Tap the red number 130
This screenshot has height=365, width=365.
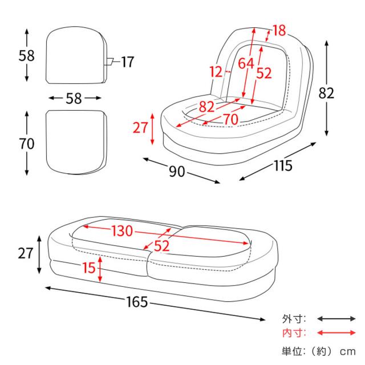[x=122, y=231]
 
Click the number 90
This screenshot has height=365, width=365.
[x=177, y=171]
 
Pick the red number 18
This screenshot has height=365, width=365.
[x=279, y=31]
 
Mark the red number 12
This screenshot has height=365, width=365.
[x=216, y=72]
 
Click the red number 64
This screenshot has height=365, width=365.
[x=246, y=64]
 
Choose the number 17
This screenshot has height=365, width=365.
[x=127, y=62]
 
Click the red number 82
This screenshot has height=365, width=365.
[x=206, y=106]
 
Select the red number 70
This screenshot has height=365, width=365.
[x=230, y=119]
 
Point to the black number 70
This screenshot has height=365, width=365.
[x=26, y=144]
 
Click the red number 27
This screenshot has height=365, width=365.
[x=140, y=128]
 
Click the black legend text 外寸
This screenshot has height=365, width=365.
[x=294, y=319]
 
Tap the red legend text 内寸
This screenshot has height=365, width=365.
[x=294, y=333]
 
